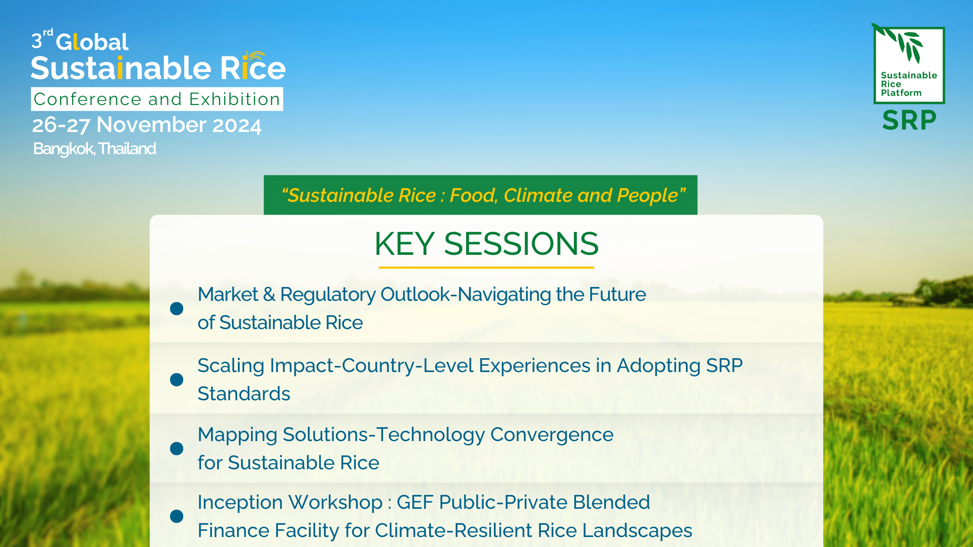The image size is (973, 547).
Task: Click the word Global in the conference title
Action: pos(92,42)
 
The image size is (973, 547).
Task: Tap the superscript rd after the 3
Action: pos(48,32)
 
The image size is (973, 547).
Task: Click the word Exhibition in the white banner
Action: pos(235,99)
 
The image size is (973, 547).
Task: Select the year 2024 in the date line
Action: pos(237,125)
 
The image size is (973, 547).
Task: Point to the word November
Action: pos(152,125)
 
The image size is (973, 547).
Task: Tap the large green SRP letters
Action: pos(909,120)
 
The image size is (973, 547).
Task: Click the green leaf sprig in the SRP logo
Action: pos(903,43)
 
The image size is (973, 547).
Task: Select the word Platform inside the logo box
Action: pos(901,93)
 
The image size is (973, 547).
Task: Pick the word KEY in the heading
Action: pos(404,244)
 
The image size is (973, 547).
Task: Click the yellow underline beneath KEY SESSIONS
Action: pos(486,267)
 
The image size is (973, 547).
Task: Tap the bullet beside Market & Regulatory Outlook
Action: pos(176,309)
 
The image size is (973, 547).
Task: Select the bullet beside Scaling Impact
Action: pos(176,380)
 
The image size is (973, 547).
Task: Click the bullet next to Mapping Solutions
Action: pos(176,448)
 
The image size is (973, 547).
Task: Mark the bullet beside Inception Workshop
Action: pos(176,516)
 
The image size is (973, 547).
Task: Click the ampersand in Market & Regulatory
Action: pos(269,294)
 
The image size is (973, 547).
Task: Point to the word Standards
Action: pos(244,394)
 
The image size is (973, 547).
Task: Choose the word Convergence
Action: pos(552,435)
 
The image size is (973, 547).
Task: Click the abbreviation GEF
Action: pos(417,502)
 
